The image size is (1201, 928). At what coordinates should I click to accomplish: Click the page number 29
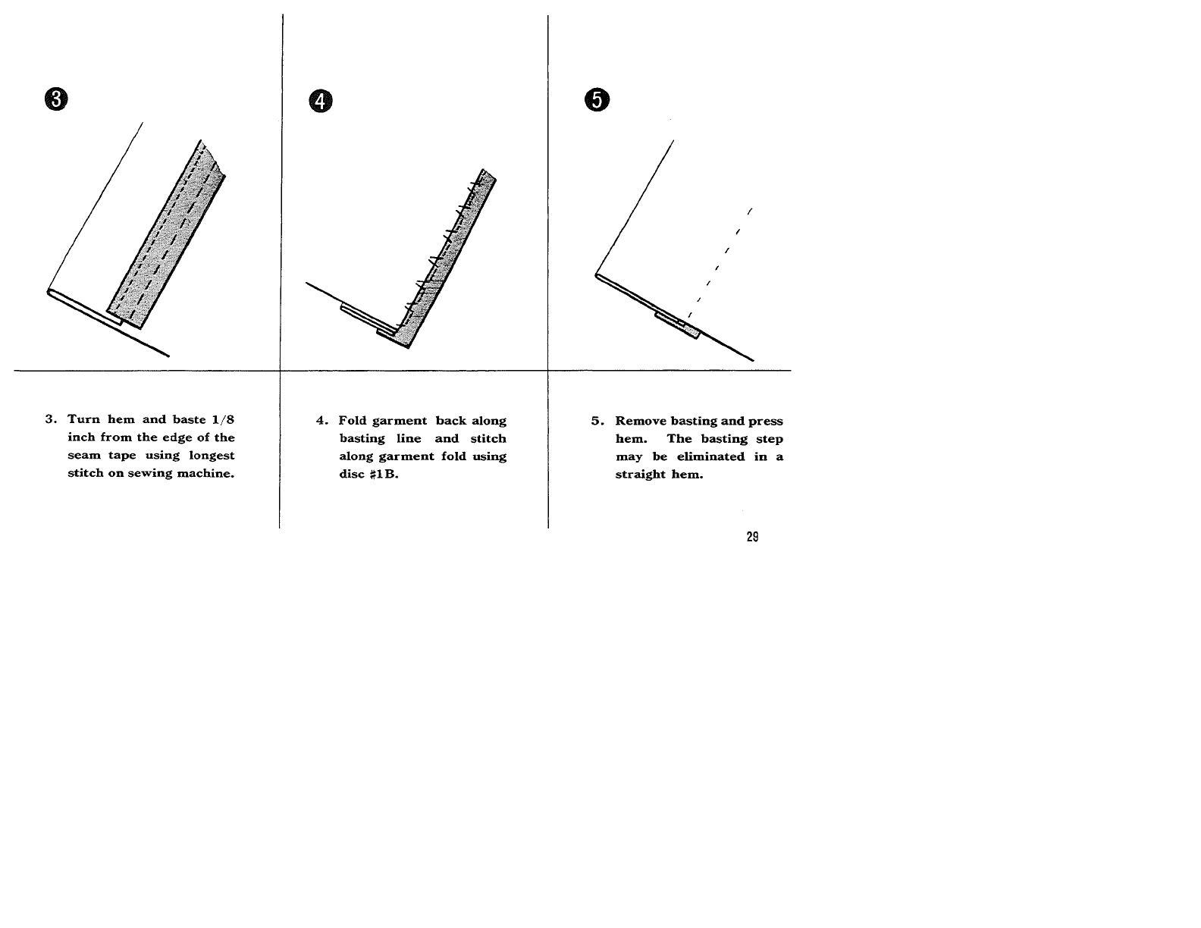(752, 537)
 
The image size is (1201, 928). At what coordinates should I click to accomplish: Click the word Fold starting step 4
(352, 421)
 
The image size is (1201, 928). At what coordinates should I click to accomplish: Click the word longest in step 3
(212, 456)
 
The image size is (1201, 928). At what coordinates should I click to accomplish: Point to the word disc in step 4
(352, 474)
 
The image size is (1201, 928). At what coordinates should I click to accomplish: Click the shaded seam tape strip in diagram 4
(447, 258)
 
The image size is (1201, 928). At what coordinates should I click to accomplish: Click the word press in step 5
(765, 422)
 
